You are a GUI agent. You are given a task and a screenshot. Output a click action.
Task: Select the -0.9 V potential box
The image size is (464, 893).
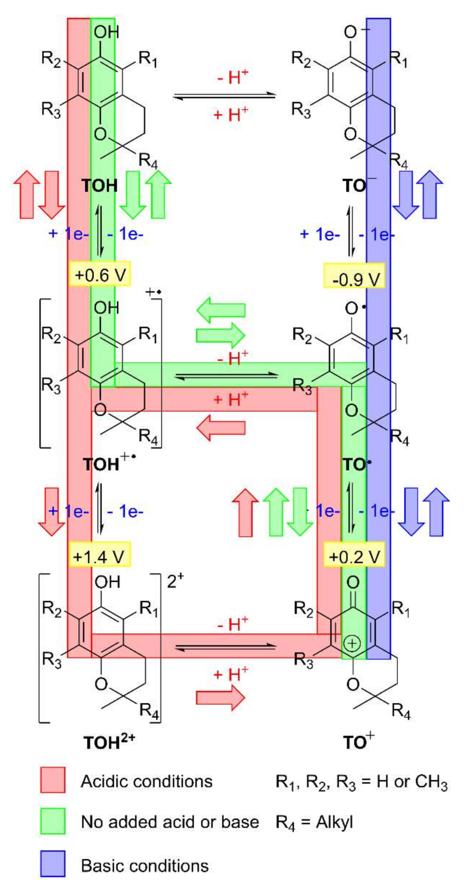pyautogui.click(x=354, y=276)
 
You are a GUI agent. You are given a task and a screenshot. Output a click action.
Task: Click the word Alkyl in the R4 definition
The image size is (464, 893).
pyautogui.click(x=334, y=822)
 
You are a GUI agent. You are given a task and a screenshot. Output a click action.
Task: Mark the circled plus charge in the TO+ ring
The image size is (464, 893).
pyautogui.click(x=352, y=644)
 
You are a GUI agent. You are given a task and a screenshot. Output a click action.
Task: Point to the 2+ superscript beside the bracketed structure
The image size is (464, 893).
pyautogui.click(x=175, y=581)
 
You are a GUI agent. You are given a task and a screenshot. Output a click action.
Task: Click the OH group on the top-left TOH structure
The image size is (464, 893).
pyautogui.click(x=106, y=32)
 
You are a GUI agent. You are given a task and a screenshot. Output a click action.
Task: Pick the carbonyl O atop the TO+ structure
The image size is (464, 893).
pyautogui.click(x=353, y=582)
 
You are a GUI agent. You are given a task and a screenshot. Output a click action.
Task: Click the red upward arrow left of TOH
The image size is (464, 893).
pyautogui.click(x=27, y=194)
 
